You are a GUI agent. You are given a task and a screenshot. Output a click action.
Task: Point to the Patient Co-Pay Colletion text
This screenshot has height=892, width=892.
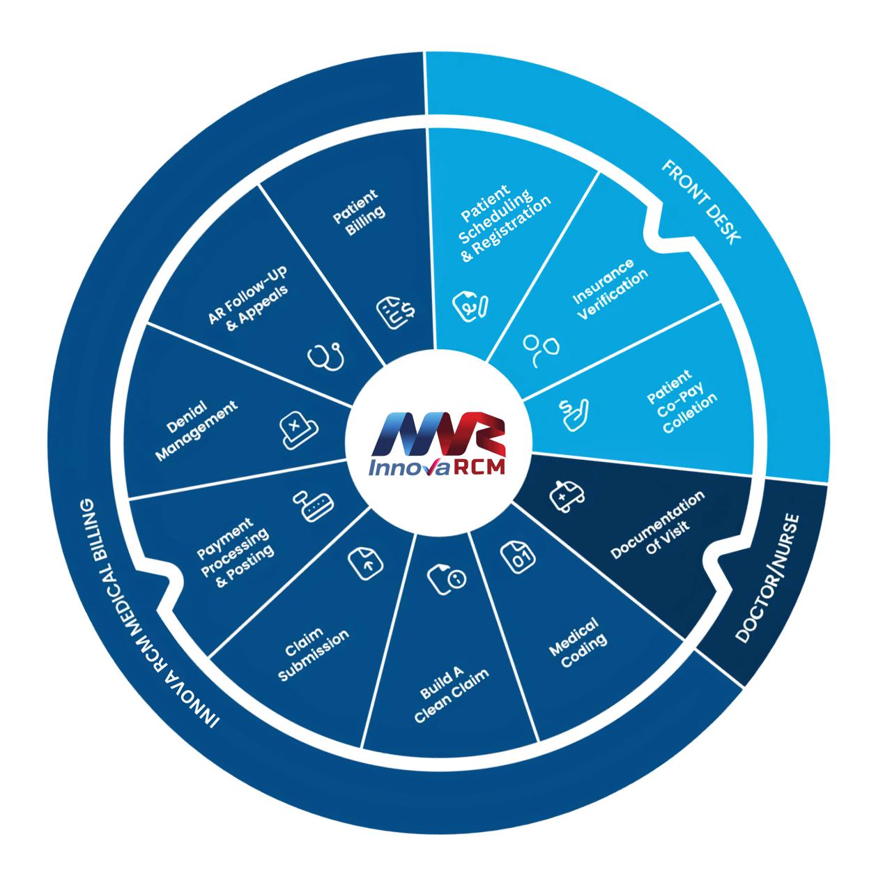point(681,401)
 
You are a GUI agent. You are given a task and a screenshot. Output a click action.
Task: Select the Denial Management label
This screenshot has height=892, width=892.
point(196,430)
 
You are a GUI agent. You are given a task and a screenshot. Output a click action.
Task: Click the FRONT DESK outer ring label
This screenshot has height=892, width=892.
point(701,201)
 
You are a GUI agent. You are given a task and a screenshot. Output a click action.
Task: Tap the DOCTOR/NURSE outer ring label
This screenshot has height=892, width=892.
point(769,578)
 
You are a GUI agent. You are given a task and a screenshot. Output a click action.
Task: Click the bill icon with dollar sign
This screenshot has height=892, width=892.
point(397,312)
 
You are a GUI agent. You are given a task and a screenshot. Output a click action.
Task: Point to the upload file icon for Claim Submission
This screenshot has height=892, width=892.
point(364,561)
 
